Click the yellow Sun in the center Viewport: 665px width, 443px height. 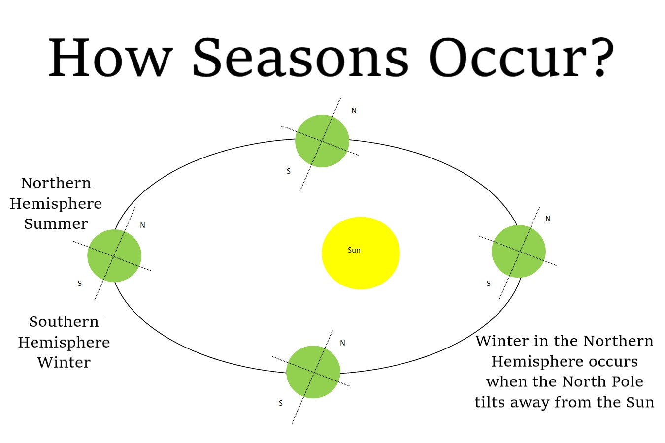[x=361, y=253]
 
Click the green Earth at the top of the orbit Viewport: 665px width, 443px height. [x=322, y=141]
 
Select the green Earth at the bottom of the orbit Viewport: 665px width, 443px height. [x=313, y=372]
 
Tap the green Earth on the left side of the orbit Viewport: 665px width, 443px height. [x=114, y=256]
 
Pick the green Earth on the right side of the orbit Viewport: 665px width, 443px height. [x=519, y=252]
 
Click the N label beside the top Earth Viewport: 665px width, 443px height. [x=354, y=111]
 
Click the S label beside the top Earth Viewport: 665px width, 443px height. [x=289, y=171]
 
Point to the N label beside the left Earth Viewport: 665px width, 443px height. [x=142, y=225]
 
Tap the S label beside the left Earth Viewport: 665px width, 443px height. [x=80, y=284]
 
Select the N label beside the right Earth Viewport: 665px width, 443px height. [x=548, y=219]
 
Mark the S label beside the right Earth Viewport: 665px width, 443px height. [x=489, y=284]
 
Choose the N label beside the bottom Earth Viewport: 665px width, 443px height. [x=342, y=343]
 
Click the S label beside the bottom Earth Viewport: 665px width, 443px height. [x=281, y=403]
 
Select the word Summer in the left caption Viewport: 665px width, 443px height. [x=56, y=224]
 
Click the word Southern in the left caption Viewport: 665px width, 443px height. [x=64, y=322]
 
